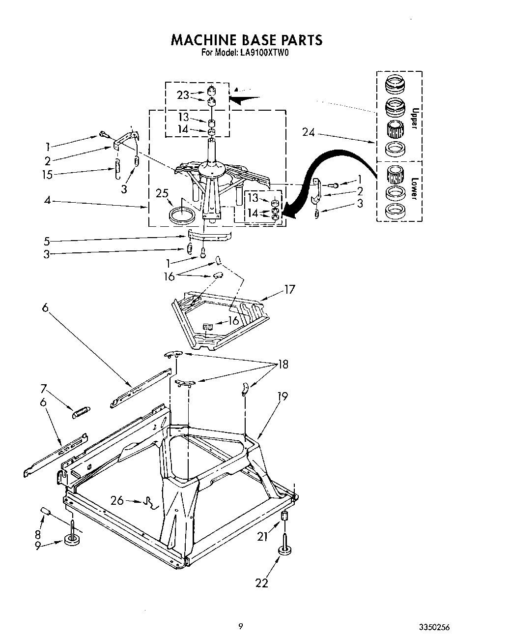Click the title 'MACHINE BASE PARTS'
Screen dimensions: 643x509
(246, 40)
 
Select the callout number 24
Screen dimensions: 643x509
(309, 132)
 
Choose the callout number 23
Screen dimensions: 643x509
(183, 95)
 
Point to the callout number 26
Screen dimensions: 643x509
(117, 501)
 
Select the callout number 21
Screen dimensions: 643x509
(262, 537)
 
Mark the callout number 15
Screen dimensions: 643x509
(47, 174)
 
